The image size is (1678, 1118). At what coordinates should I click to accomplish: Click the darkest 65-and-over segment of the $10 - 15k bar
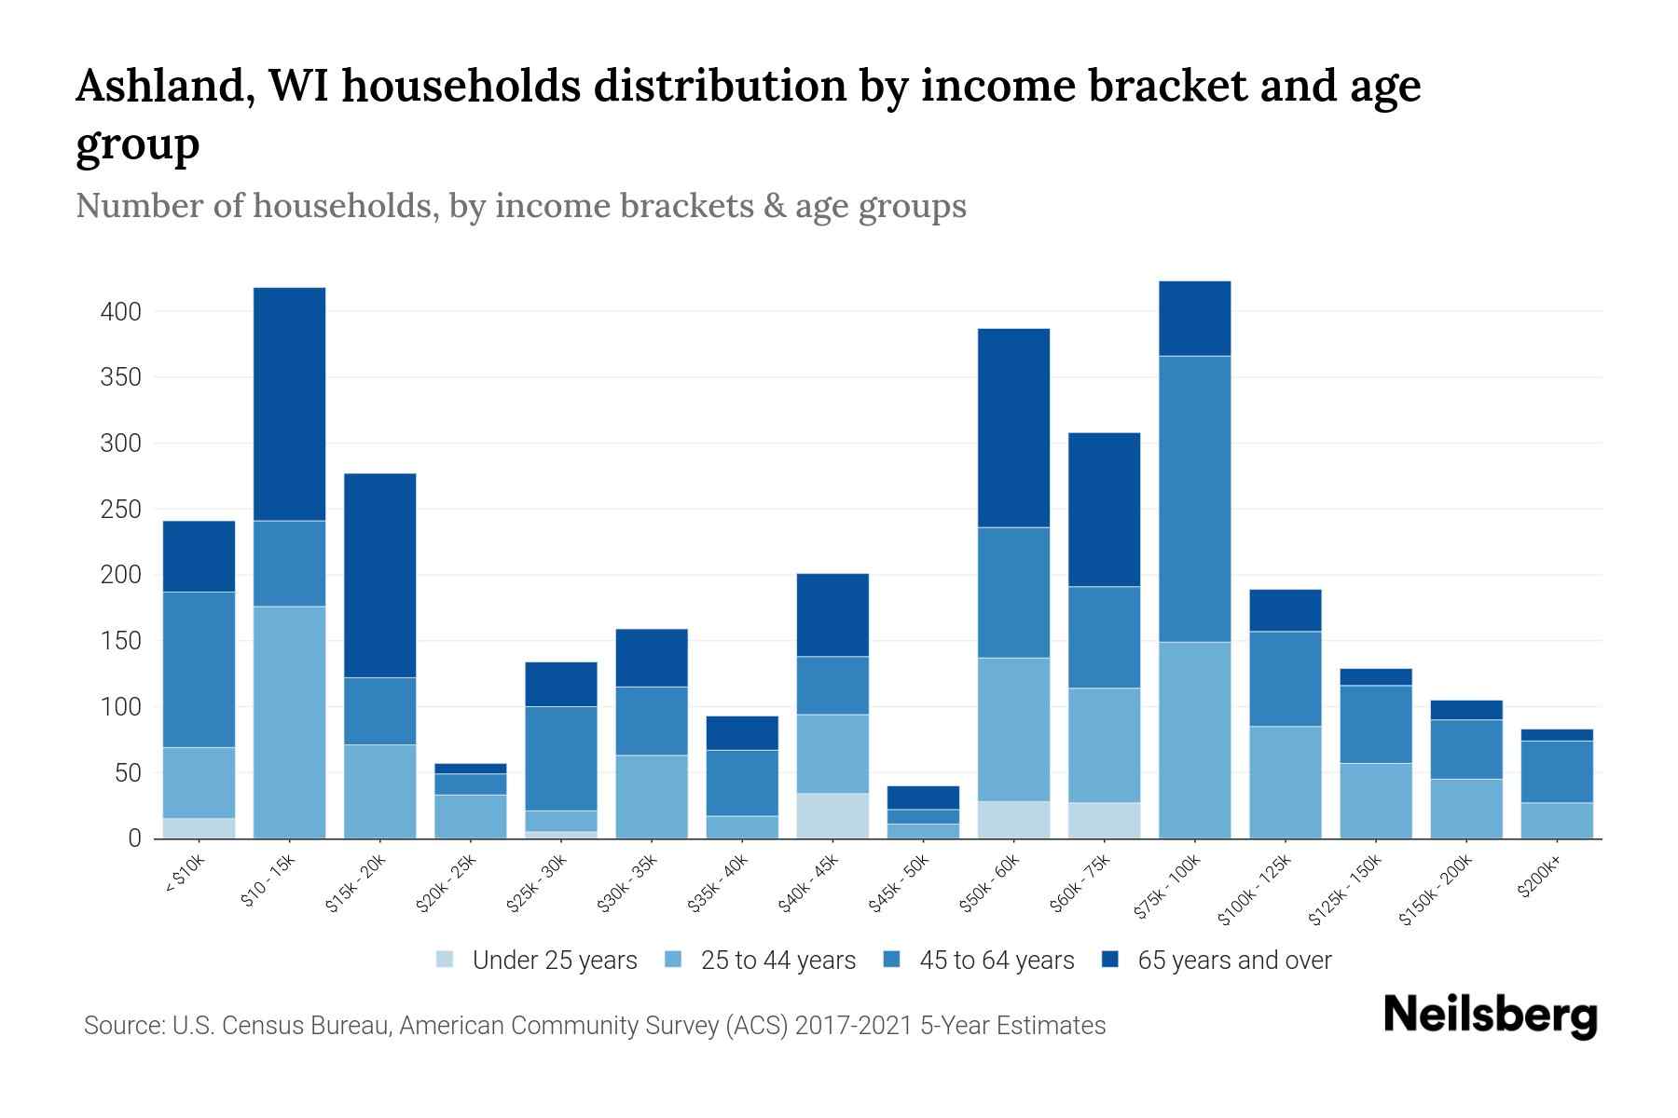click(289, 403)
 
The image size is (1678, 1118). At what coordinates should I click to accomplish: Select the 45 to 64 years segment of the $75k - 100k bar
click(1194, 498)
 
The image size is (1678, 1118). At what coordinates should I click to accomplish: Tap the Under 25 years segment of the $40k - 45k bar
click(832, 815)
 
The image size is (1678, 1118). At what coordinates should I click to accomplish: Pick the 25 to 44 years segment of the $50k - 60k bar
click(1013, 729)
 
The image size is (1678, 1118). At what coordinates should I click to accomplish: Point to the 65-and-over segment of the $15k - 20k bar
click(379, 575)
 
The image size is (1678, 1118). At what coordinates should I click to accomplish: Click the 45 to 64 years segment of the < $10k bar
click(199, 669)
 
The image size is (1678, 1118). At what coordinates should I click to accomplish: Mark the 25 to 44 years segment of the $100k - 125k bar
click(1285, 782)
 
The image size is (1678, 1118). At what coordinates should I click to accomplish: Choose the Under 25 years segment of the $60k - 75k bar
click(1104, 820)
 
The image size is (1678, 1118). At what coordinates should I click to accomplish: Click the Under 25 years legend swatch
click(446, 960)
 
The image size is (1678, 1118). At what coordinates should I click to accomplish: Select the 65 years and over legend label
click(1234, 961)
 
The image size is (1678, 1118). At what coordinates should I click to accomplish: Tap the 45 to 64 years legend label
click(997, 961)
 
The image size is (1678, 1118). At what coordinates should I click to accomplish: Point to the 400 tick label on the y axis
click(121, 312)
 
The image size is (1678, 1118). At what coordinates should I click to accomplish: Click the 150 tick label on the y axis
click(121, 642)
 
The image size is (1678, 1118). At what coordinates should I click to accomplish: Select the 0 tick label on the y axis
click(134, 839)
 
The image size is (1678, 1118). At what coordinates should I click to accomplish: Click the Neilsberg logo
click(1490, 1016)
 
